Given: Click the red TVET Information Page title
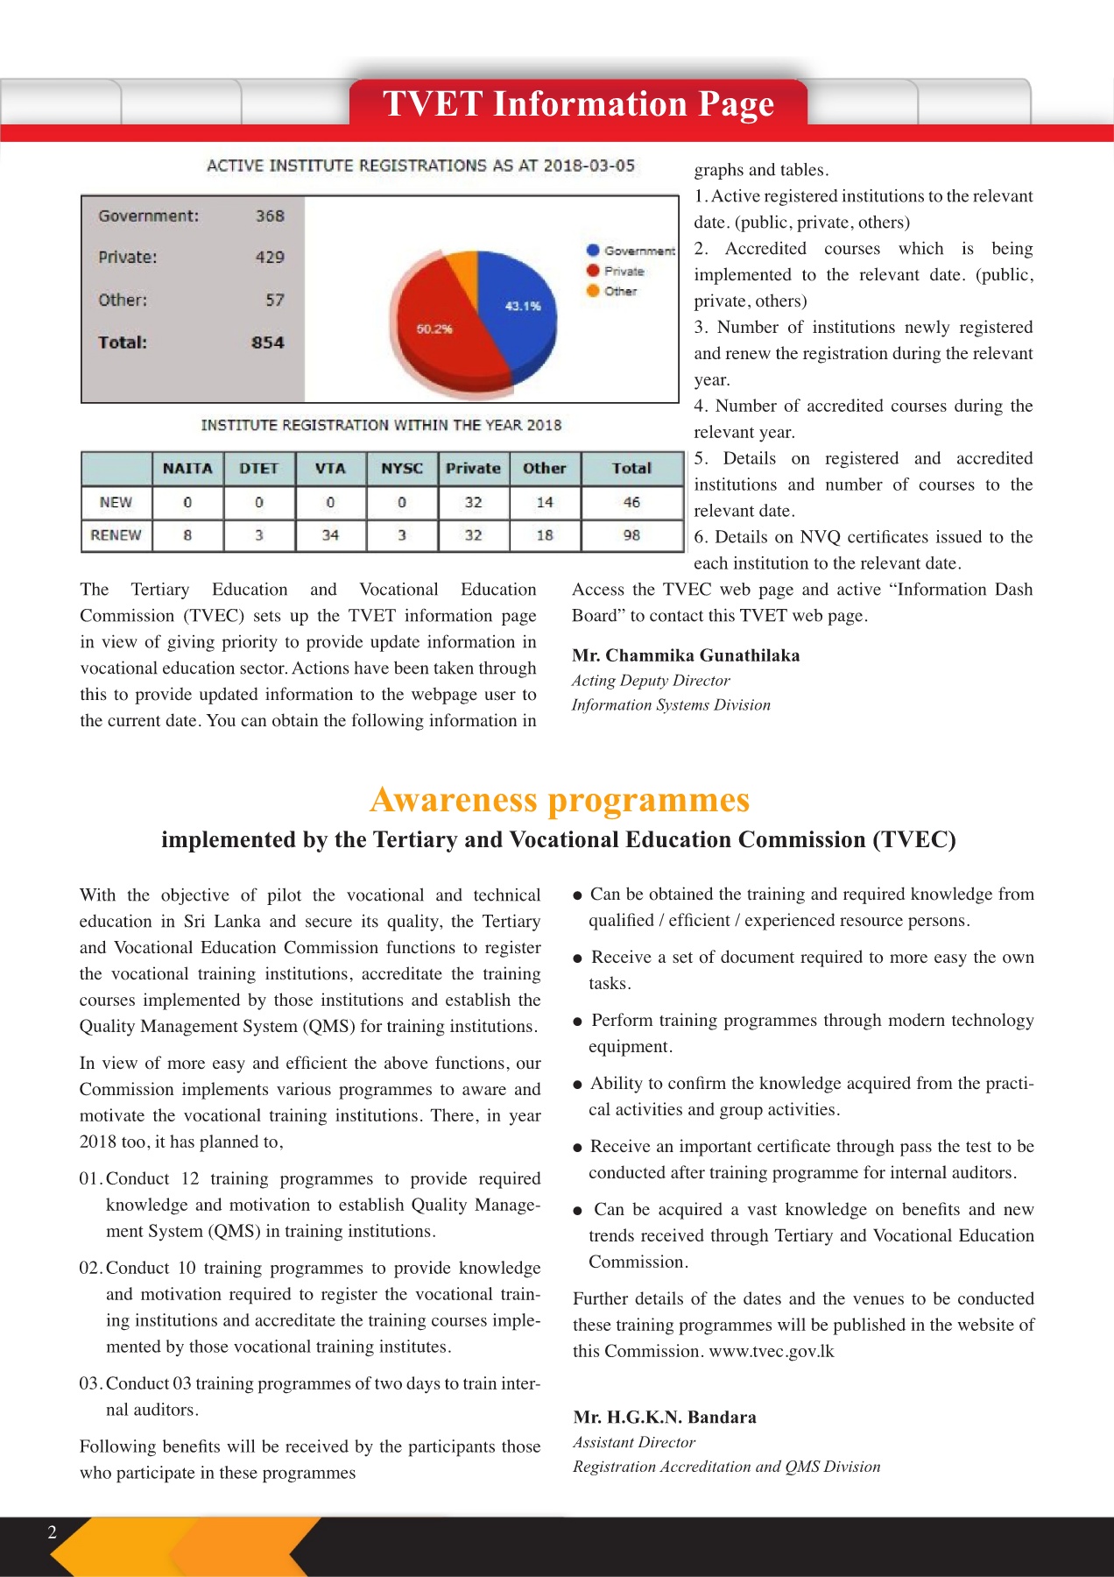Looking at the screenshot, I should (578, 104).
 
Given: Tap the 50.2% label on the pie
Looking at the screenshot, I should (434, 329).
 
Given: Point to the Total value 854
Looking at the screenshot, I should (268, 343).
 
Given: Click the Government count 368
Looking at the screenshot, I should (270, 216).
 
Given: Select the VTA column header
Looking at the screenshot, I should (330, 469).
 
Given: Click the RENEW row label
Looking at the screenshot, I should (116, 535).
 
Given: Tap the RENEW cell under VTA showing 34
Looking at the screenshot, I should (330, 535).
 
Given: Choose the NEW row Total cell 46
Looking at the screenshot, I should (631, 502).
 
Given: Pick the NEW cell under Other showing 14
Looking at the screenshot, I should (545, 502).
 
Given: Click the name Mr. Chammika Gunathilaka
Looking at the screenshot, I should (686, 655).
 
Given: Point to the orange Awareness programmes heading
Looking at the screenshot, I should (560, 800).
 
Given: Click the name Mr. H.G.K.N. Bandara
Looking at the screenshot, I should (665, 1418).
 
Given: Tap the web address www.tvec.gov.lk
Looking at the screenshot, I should (772, 1351).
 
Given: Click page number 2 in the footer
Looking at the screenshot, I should (52, 1531).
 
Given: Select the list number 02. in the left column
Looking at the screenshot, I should (91, 1268).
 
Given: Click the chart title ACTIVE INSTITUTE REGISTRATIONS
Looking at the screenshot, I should (420, 166).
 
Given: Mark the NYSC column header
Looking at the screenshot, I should (402, 469).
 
